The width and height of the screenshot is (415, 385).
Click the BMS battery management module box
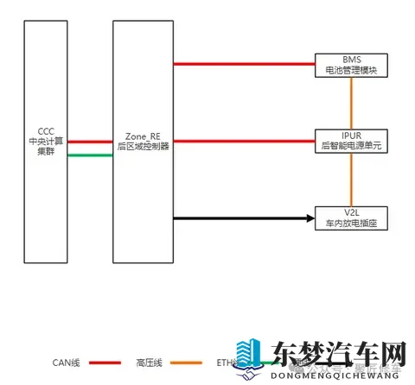[350, 63]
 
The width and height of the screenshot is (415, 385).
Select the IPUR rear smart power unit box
[350, 141]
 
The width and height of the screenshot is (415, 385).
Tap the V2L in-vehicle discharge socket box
[350, 218]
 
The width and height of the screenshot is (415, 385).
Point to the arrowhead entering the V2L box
[310, 218]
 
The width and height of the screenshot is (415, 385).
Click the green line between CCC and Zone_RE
[90, 155]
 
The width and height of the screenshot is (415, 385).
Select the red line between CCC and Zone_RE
[90, 142]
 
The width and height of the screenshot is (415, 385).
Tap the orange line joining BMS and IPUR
[351, 102]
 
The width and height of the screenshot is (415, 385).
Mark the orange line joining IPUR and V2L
[351, 180]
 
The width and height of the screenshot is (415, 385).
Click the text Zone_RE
[142, 136]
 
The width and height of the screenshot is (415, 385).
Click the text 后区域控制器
[143, 147]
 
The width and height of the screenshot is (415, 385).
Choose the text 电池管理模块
[350, 68]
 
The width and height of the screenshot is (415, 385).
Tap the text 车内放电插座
[350, 224]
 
